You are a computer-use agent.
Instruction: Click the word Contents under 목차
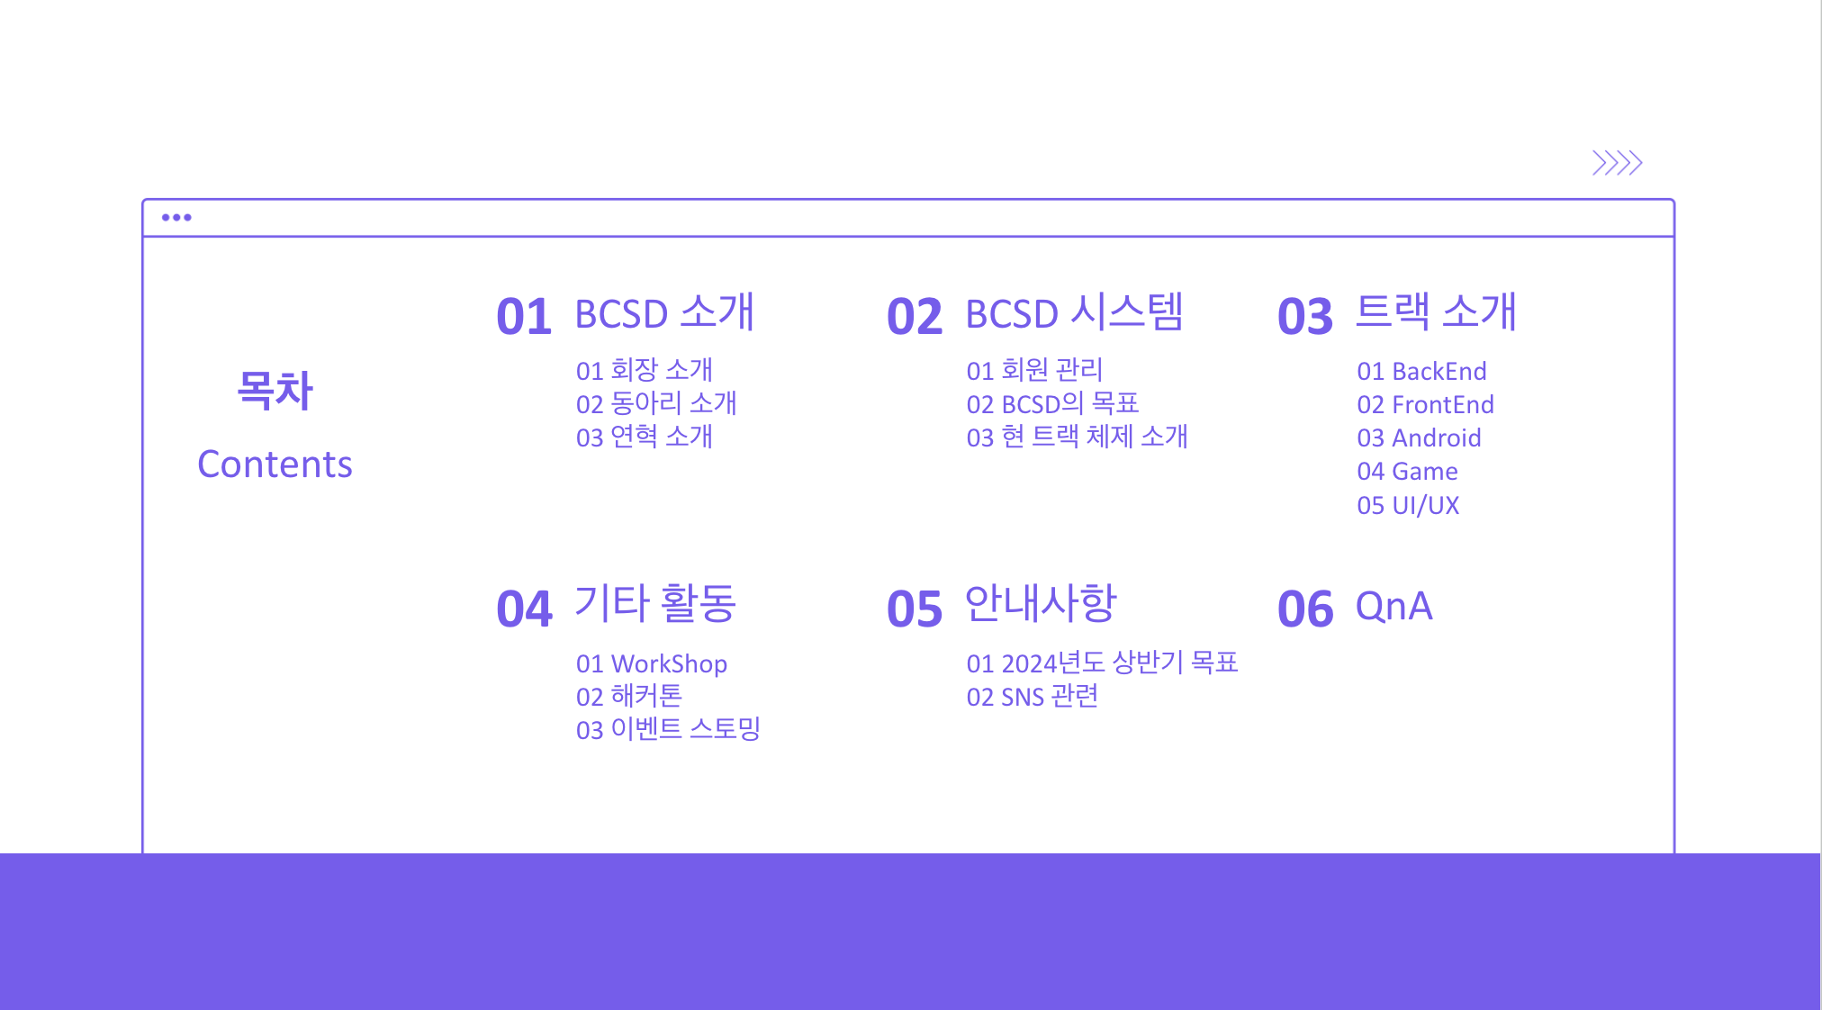coord(275,464)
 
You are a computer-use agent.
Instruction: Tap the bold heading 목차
coord(275,391)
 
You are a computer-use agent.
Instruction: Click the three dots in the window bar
coord(176,217)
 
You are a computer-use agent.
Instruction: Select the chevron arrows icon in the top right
coord(1617,163)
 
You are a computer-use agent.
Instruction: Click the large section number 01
coord(524,317)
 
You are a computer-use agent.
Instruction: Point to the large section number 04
coord(524,609)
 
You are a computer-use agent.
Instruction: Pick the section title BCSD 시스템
coord(1075,313)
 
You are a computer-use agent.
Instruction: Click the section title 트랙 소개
coord(1437,311)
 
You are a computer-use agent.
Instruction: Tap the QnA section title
coord(1394,607)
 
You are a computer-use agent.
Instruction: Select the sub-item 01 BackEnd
coord(1421,371)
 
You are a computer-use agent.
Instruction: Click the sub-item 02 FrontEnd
coord(1425,404)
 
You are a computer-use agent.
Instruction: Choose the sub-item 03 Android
coord(1419,437)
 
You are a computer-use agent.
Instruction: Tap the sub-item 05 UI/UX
coord(1408,505)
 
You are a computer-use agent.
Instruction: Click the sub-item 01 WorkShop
coord(652,663)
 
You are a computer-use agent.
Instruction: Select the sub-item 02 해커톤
coord(629,696)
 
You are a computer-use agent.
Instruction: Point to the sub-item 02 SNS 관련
coord(1033,696)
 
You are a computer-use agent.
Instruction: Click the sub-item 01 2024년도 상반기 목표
coord(1103,663)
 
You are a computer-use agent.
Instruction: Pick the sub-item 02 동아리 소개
coord(656,403)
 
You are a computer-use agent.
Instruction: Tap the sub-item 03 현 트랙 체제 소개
coord(1078,437)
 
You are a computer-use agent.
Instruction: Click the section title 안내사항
coord(1041,603)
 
